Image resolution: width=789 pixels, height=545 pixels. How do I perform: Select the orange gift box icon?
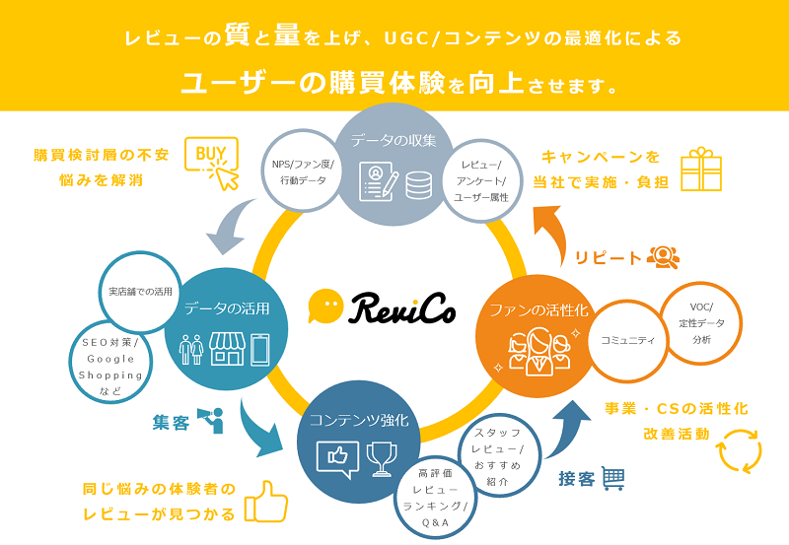pyautogui.click(x=701, y=169)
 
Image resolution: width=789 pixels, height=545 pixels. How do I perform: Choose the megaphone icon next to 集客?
pyautogui.click(x=211, y=420)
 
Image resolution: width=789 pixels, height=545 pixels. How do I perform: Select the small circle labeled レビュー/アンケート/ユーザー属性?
pyautogui.click(x=479, y=178)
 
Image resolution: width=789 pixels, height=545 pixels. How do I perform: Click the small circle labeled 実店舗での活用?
pyautogui.click(x=141, y=292)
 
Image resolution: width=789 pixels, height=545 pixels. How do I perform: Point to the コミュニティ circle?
pyautogui.click(x=628, y=340)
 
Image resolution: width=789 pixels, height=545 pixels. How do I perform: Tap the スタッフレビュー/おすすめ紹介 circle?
pyautogui.click(x=498, y=456)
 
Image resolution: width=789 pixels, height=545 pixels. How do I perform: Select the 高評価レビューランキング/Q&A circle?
pyautogui.click(x=435, y=496)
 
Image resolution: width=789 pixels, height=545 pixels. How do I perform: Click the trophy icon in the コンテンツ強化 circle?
pyautogui.click(x=381, y=457)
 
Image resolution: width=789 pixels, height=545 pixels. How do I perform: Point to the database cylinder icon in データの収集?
pyautogui.click(x=418, y=184)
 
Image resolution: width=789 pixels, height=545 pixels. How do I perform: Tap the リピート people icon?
pyautogui.click(x=664, y=257)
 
